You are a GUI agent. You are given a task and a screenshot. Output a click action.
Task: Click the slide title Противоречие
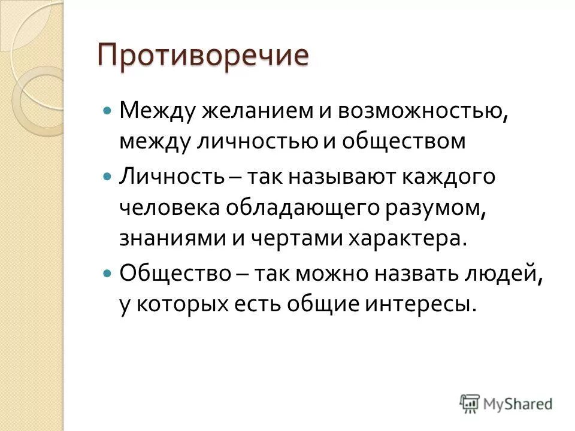pos(204,57)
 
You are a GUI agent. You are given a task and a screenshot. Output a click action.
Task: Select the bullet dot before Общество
pos(107,272)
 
